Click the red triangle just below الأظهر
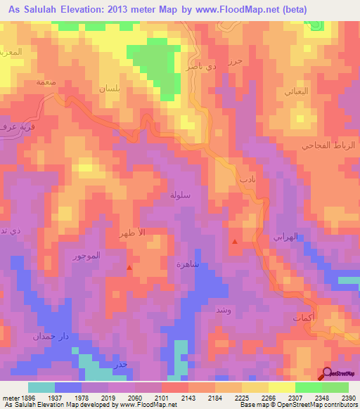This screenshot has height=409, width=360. (129, 267)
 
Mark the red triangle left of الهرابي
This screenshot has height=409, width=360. (234, 242)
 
